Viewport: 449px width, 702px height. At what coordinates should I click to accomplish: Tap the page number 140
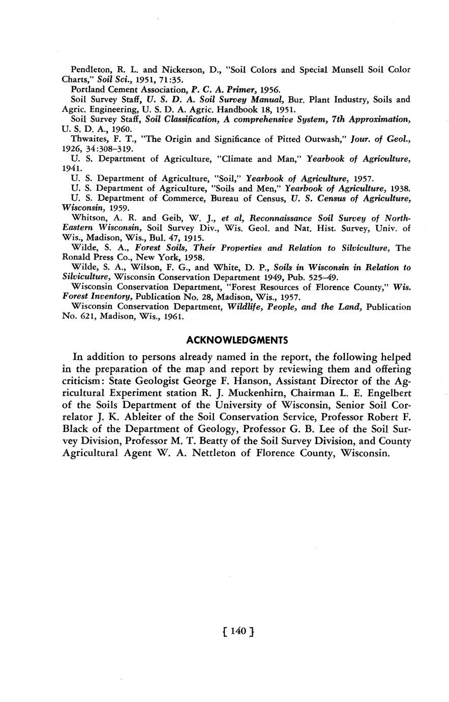238,631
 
